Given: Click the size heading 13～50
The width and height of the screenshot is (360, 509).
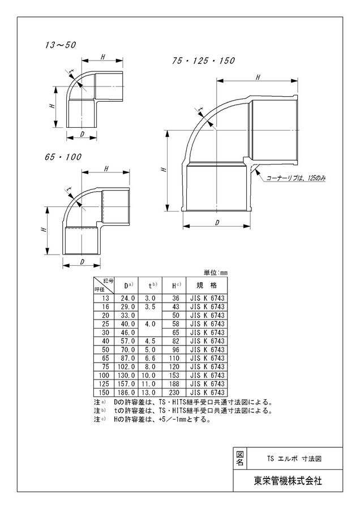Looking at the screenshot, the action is click(x=61, y=45).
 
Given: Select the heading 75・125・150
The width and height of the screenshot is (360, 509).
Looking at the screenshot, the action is click(x=204, y=61).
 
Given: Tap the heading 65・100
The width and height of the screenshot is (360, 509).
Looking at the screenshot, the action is click(x=64, y=157).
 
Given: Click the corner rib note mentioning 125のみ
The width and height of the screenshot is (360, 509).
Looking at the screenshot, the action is click(x=295, y=178).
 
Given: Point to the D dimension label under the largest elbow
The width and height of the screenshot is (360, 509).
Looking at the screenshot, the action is click(x=217, y=222).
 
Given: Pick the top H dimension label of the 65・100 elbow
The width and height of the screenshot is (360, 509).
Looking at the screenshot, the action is click(x=106, y=168).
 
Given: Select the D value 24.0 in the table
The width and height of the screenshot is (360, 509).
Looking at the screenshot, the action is click(x=128, y=298).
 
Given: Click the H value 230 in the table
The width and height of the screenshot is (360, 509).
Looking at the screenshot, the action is click(x=174, y=392).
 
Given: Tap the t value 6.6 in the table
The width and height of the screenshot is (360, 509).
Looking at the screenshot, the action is click(x=150, y=358).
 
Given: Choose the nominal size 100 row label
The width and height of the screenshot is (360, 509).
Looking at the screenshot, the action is click(x=104, y=376).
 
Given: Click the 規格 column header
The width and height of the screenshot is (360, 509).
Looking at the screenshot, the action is click(x=207, y=286).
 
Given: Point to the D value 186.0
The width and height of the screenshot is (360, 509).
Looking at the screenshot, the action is click(x=126, y=392).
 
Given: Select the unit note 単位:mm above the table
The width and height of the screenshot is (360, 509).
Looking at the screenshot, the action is click(x=216, y=273).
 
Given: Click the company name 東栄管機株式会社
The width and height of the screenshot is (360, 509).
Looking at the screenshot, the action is click(x=288, y=481).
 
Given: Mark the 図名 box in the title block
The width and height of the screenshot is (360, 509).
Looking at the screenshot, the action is click(x=240, y=458).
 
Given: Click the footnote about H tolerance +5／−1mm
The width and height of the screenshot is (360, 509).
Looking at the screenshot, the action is click(x=152, y=420).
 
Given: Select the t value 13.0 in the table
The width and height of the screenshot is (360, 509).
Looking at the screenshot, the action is click(x=149, y=392).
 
